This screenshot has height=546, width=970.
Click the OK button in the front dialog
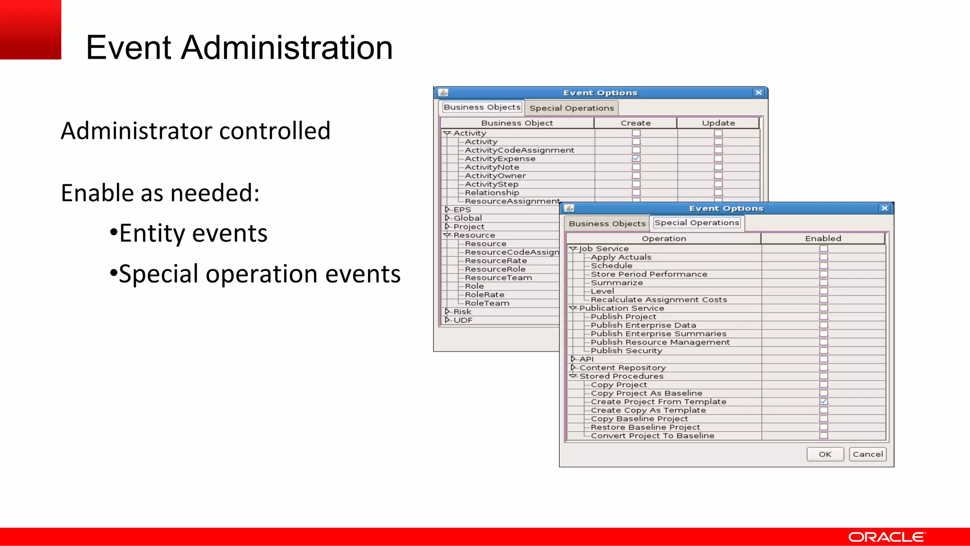click(x=825, y=454)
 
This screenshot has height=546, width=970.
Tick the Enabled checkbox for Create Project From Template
click(x=824, y=401)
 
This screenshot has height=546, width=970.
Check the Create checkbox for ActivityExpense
click(x=636, y=159)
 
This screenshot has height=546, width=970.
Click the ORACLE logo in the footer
click(x=886, y=537)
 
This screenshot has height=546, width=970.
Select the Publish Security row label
click(x=626, y=351)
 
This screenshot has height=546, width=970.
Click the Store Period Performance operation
click(x=649, y=274)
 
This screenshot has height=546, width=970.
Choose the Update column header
click(x=718, y=123)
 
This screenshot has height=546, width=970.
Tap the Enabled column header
click(x=823, y=238)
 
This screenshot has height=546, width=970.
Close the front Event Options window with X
click(x=884, y=208)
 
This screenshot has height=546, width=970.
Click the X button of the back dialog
click(x=758, y=92)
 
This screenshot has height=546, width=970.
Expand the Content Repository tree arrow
click(x=573, y=367)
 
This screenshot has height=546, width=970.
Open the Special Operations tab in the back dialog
click(x=571, y=108)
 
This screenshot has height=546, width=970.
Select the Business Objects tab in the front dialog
click(x=607, y=224)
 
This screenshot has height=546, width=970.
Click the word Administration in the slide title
click(x=287, y=47)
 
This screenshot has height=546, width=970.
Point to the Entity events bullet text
click(x=193, y=233)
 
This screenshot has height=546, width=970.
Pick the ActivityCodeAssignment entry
click(x=519, y=150)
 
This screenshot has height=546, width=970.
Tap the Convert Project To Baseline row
click(x=652, y=436)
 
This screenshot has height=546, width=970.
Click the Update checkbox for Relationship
click(x=718, y=193)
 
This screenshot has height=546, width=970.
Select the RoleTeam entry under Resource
click(x=487, y=303)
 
